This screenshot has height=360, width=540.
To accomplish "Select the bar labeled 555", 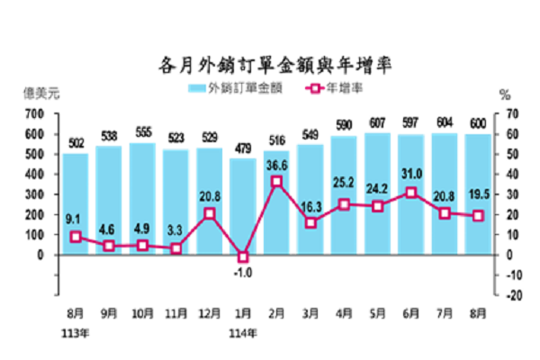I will pos(142,199).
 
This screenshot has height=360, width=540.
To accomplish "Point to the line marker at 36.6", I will pos(277,181).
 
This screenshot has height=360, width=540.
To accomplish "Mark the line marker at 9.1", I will pos(76,237).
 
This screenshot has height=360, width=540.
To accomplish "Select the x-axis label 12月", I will pos(210,316).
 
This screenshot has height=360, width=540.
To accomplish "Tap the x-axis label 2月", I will pos(277,316).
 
